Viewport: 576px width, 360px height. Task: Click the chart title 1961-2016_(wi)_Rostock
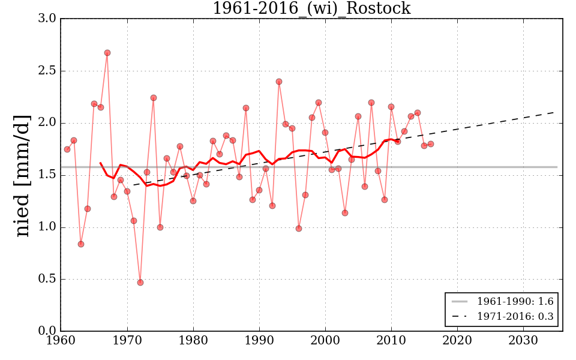point(311,8)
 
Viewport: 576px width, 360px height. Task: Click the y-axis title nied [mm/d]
point(23,175)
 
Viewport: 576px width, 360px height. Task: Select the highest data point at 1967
point(107,53)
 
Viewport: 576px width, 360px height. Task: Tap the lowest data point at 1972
point(140,283)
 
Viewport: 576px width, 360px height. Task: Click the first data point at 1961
point(67,149)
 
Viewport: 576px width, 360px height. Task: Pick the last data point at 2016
point(431,144)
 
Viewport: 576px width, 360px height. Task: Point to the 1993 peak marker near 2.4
point(279,82)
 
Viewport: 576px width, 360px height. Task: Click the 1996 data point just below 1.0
point(299,229)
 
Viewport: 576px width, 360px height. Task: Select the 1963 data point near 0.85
point(81,244)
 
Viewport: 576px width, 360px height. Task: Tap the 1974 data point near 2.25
point(154,98)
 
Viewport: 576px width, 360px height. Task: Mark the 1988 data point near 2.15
point(246,108)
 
